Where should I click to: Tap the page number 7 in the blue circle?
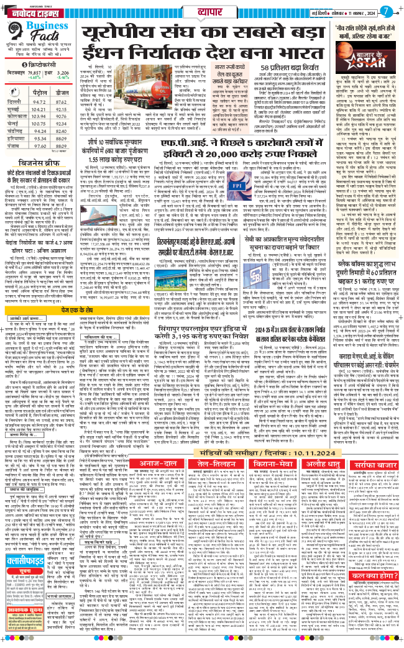pos(387,11)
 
